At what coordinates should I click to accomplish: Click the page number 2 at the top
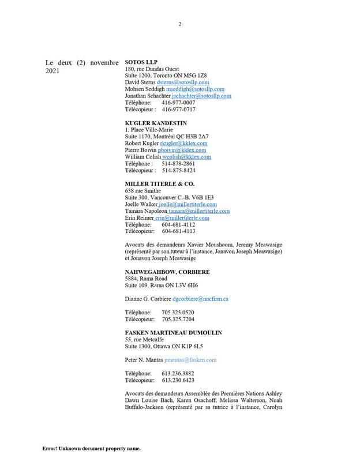click(180, 24)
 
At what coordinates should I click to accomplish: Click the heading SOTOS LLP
click(141, 61)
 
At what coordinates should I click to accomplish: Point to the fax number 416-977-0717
click(178, 110)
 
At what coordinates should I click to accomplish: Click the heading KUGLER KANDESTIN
click(156, 123)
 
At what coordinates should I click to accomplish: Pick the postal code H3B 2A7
click(194, 136)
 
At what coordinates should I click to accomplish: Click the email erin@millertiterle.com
click(182, 218)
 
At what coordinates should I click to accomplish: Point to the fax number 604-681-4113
click(178, 231)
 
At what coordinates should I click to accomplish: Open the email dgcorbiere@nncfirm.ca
click(201, 299)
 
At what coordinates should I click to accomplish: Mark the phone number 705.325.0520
click(178, 312)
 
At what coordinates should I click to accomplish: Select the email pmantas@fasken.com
click(190, 360)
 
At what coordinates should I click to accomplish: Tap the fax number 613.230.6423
click(178, 380)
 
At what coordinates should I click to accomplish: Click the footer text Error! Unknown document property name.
click(91, 448)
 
